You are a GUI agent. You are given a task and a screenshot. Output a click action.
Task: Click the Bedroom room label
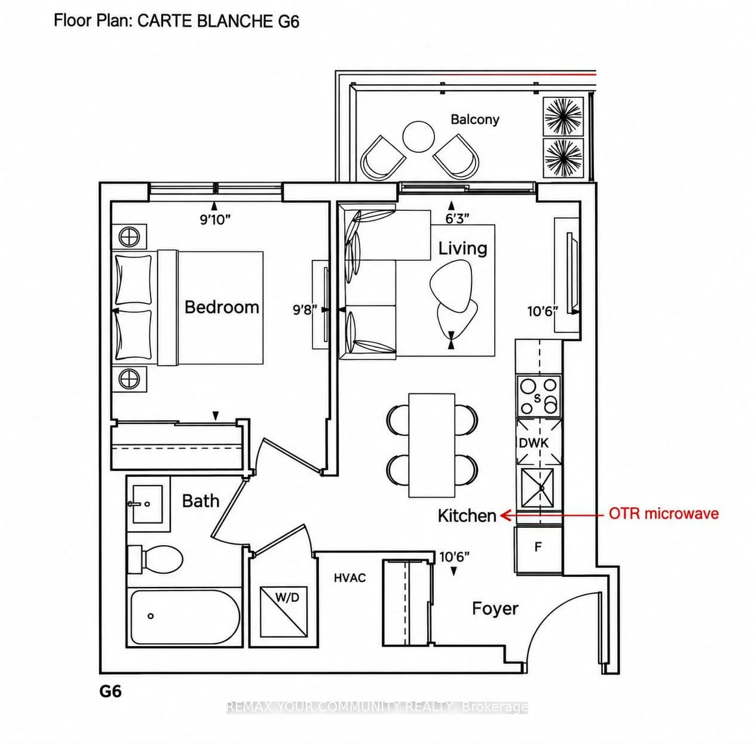tap(222, 308)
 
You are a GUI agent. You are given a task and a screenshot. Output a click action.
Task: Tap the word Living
tap(462, 249)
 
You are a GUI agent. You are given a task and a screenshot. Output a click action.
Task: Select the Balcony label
tap(475, 119)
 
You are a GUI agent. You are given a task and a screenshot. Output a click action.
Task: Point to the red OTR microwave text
tap(664, 513)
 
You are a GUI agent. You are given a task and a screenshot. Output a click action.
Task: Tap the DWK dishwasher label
tap(534, 443)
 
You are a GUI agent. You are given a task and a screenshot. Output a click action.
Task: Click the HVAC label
tap(350, 578)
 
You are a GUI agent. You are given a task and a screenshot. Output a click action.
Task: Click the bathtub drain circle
tap(151, 616)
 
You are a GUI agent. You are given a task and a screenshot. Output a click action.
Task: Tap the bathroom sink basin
tap(148, 504)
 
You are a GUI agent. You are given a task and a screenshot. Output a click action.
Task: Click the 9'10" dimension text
tap(214, 220)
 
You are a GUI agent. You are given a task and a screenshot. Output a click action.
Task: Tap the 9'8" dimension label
tap(305, 310)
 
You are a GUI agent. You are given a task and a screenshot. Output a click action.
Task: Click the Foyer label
tap(495, 608)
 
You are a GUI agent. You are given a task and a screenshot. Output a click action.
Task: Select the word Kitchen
tap(467, 516)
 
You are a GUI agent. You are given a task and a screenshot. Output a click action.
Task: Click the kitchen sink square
tap(538, 487)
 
